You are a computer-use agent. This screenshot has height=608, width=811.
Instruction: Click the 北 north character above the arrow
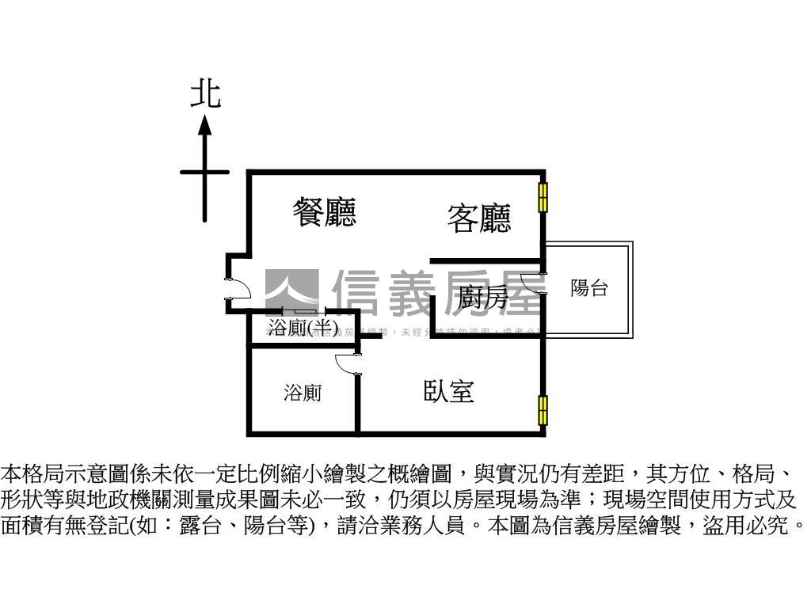[205, 94]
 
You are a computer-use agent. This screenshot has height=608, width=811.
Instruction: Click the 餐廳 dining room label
[324, 212]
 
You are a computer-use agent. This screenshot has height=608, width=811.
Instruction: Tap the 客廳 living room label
[479, 218]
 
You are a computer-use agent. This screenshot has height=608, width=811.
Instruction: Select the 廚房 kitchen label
[483, 298]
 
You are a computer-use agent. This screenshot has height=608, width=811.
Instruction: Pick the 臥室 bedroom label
[448, 391]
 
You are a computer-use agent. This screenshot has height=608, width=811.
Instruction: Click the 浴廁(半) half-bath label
[303, 327]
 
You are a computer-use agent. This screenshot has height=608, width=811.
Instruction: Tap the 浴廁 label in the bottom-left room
[303, 393]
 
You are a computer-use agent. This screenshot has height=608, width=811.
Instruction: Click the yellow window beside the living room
[543, 196]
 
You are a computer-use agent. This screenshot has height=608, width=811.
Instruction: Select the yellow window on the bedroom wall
[543, 410]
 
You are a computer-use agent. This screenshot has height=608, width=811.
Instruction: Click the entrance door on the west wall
[236, 290]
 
